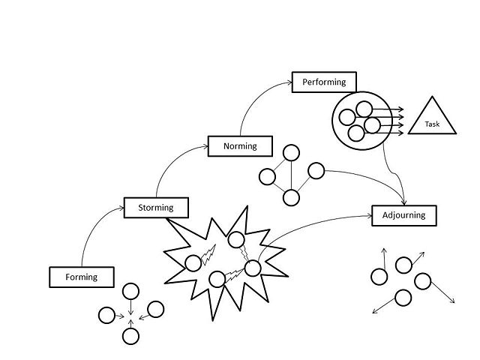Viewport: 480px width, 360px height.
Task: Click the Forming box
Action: coord(82,277)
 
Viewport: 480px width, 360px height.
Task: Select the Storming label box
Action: coord(156,208)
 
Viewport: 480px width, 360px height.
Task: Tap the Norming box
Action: coord(240,146)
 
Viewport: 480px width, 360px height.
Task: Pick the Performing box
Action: coord(324,82)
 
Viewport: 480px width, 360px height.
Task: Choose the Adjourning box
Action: coord(403,215)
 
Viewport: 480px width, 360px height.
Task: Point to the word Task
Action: coord(432,124)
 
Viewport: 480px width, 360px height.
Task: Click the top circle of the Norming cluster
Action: coord(291,152)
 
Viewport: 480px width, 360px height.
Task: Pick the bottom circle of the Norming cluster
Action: coord(291,198)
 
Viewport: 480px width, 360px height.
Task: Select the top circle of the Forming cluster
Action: coord(131,291)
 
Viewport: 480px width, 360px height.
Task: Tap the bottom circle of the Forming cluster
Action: coord(131,336)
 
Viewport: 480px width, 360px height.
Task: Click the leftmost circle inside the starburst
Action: coord(193,262)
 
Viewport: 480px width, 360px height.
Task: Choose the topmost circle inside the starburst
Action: coord(236,240)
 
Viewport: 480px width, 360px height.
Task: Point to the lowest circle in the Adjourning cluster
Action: coord(403,298)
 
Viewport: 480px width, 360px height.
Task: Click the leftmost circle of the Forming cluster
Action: coord(107,315)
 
